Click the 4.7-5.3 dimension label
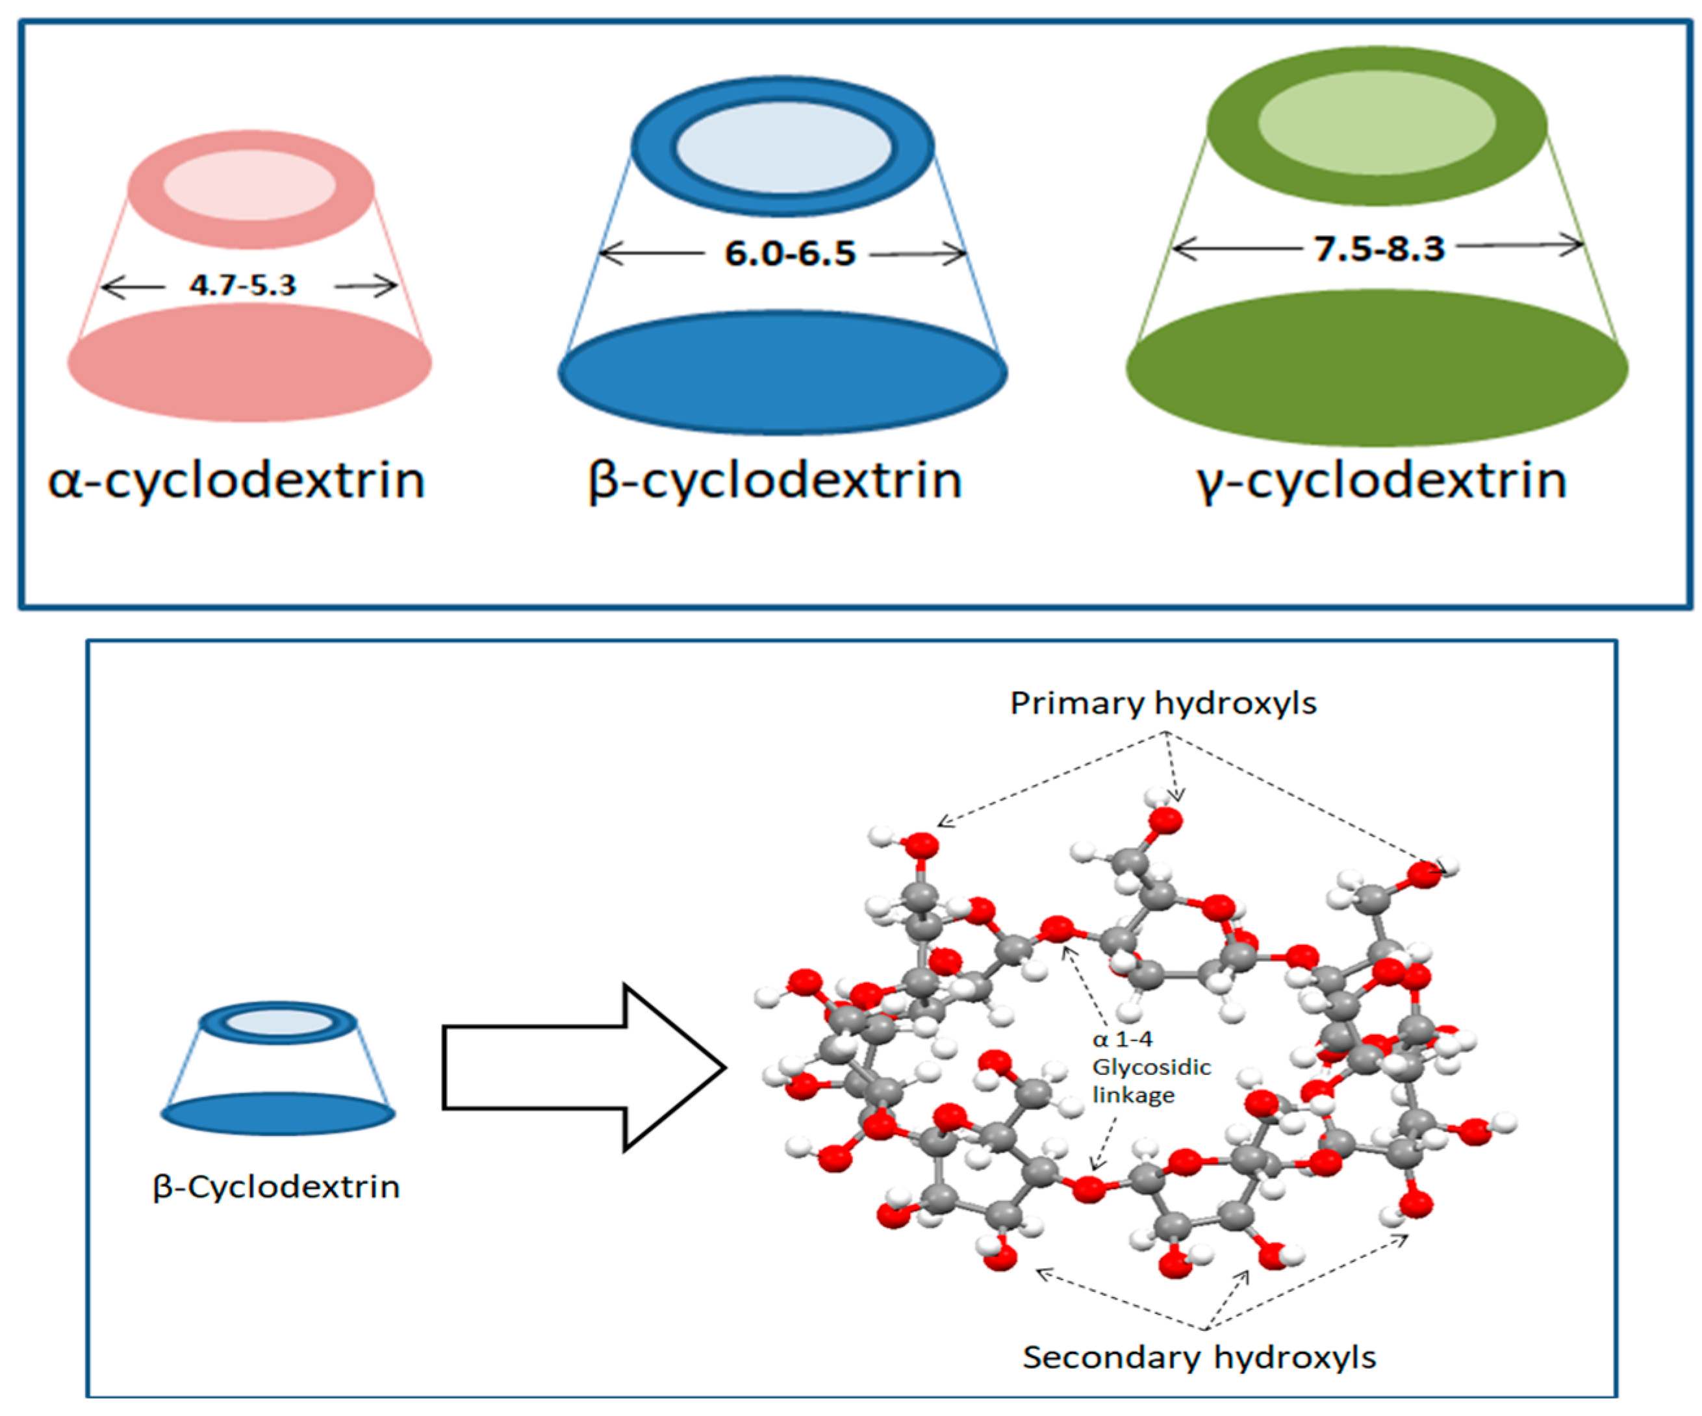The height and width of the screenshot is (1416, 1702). coord(242,285)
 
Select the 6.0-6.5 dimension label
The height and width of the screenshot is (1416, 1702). coord(789,254)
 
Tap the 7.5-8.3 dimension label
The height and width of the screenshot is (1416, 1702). coord(1378,248)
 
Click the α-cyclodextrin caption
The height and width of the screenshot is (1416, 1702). coord(236,480)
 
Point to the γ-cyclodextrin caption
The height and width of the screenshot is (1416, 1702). coord(1381,480)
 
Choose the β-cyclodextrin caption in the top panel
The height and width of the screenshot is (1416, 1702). coord(775,480)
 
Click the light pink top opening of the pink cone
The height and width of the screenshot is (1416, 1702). coord(249,185)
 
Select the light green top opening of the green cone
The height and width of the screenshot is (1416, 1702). coord(1376,122)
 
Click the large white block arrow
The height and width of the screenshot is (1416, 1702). coord(583,1067)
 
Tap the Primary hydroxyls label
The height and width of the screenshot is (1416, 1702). coord(1163,703)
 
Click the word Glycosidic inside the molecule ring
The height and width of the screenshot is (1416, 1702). coord(1151,1067)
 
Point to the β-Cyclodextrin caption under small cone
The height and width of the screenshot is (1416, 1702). coord(276,1187)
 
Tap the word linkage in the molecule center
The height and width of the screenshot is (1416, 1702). coord(1133,1095)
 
